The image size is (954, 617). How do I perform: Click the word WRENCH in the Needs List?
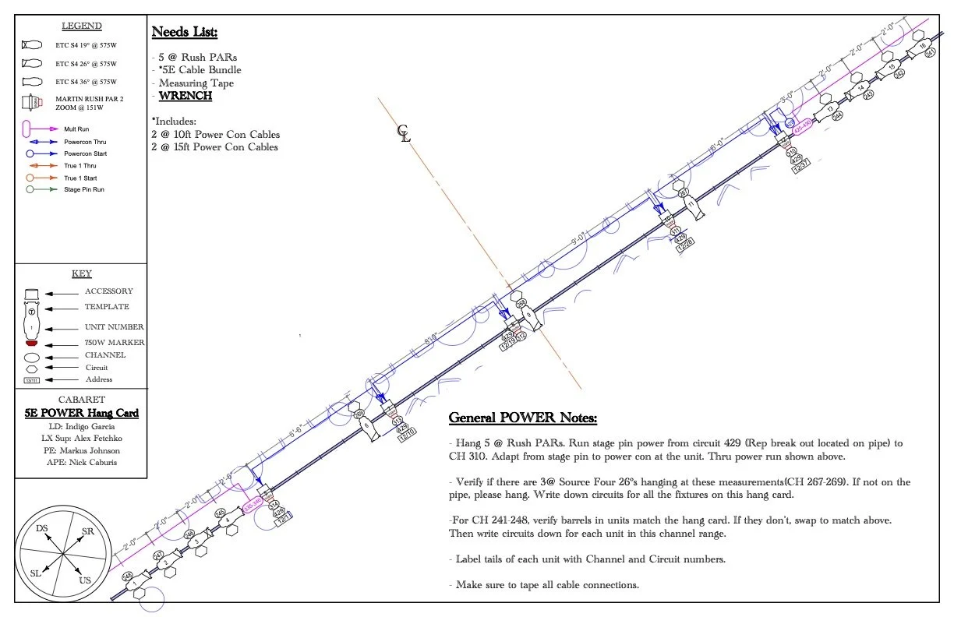185,96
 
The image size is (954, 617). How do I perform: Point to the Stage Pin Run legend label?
83,189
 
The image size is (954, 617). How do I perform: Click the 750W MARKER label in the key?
115,343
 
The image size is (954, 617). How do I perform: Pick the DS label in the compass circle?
41,528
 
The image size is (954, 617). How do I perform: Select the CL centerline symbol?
403,133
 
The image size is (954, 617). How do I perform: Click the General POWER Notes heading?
522,418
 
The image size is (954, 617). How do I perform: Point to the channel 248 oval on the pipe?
127,576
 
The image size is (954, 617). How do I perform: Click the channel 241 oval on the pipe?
931,75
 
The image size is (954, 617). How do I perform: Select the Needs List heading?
184,32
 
